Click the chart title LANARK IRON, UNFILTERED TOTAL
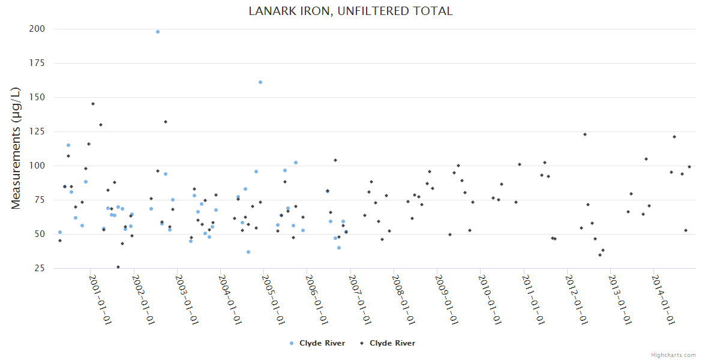[x=351, y=11]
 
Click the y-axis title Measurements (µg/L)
[x=16, y=148]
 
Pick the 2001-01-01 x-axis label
[x=100, y=299]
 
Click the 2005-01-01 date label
[x=274, y=299]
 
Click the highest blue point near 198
[x=158, y=32]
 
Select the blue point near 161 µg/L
[x=260, y=82]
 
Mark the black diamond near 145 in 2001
[x=93, y=104]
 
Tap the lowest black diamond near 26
[x=118, y=267]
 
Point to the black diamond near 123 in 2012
[x=585, y=134]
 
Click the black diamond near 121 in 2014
[x=674, y=137]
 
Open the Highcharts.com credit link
[x=673, y=355]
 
